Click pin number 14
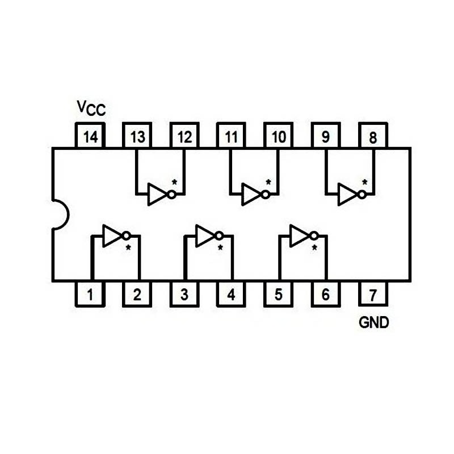(90, 136)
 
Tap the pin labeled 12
(184, 136)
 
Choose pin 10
(278, 136)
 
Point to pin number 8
(372, 136)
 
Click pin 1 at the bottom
(90, 295)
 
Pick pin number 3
(184, 295)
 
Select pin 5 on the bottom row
(278, 295)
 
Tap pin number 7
(372, 295)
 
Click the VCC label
(91, 107)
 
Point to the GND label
(374, 323)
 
